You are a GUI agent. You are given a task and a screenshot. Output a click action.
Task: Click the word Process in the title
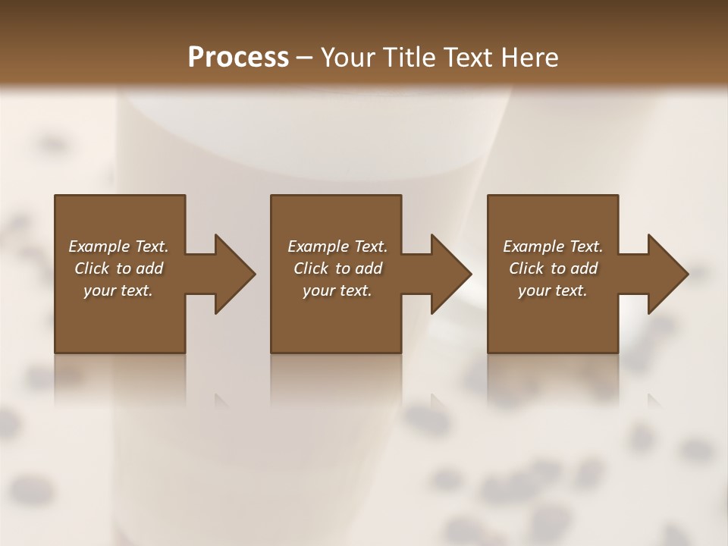pos(238,57)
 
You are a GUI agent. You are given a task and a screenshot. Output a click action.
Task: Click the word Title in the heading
pos(407,57)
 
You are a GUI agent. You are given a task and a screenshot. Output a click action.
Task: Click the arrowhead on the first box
pos(232,274)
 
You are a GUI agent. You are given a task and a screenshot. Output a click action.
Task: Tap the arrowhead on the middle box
pos(449,274)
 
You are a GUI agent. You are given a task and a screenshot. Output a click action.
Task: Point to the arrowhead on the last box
pos(666,274)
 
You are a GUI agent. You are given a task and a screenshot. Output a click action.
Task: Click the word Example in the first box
pos(99,246)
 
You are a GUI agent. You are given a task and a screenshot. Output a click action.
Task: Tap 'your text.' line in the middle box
pos(337,290)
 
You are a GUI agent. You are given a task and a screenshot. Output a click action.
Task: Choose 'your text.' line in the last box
pos(552,290)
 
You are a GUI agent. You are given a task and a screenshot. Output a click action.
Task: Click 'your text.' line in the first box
pos(118,290)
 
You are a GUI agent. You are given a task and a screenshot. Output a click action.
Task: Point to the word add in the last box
pos(584,268)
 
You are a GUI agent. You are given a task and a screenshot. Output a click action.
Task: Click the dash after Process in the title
pos(305,58)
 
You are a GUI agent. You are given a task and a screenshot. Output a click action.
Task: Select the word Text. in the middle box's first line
pos(370,246)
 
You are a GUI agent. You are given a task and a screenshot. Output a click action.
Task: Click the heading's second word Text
pos(469,57)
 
